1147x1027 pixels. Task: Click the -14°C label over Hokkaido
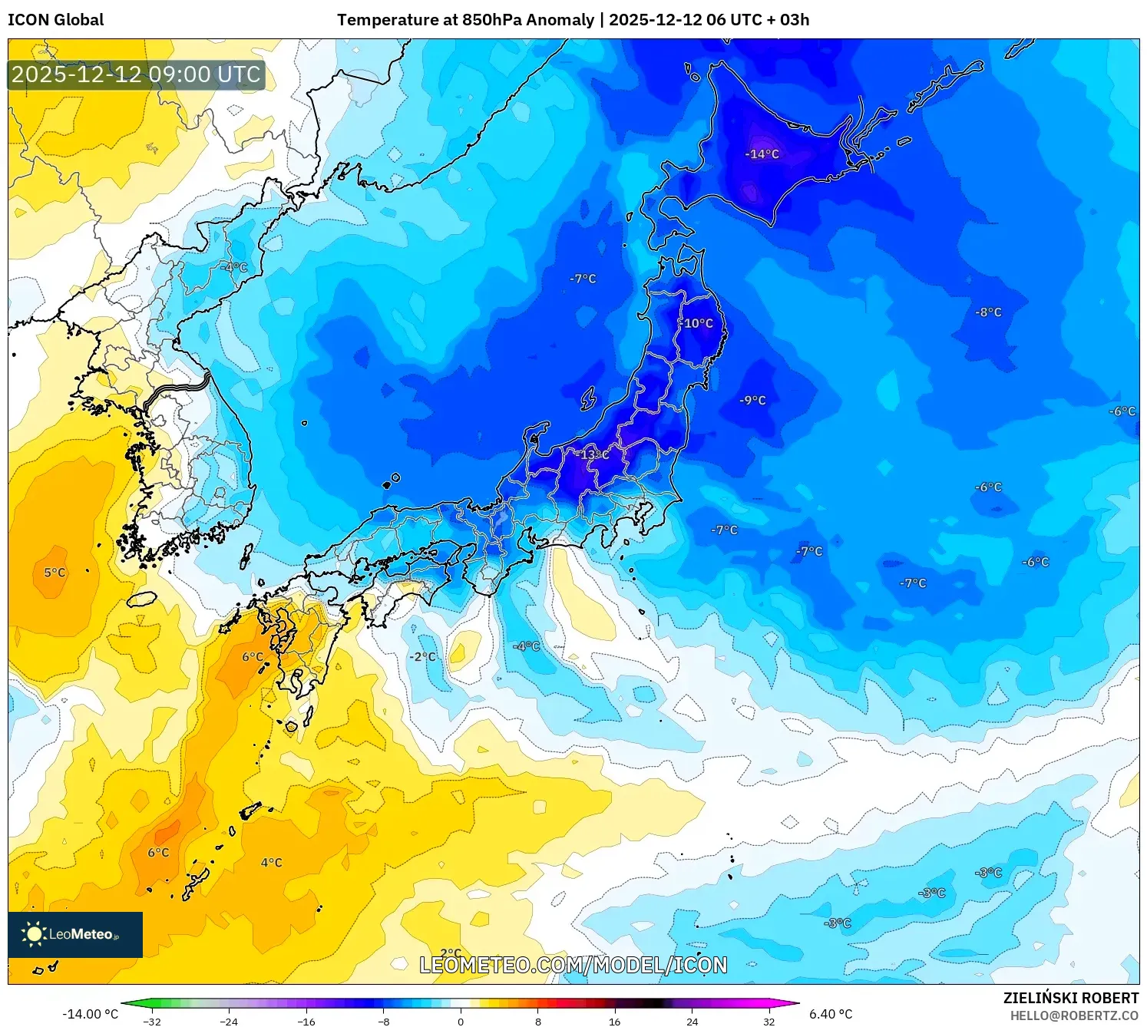[762, 154]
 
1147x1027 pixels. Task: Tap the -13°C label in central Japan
[593, 455]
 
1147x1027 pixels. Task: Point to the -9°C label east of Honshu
[752, 401]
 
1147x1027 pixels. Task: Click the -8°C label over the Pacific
[988, 312]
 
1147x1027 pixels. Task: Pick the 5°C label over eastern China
[55, 573]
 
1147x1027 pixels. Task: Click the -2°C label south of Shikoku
[422, 657]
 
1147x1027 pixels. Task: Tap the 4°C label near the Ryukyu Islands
[271, 863]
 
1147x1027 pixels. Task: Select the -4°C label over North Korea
[234, 268]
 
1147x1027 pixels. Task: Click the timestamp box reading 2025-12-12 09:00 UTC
[137, 74]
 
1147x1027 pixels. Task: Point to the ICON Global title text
[56, 20]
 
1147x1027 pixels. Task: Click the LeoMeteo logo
[75, 934]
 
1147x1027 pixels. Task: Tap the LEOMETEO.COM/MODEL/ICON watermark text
[573, 965]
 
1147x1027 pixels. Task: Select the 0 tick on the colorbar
[461, 1022]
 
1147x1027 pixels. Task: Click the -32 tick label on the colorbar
[152, 1022]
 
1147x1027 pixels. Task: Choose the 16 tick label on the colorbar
[614, 1022]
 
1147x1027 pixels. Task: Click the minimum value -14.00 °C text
[90, 1014]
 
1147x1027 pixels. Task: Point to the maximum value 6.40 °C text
[831, 1014]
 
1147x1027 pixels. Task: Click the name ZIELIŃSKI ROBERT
[1070, 998]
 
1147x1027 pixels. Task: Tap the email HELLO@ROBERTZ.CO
[1074, 1015]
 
